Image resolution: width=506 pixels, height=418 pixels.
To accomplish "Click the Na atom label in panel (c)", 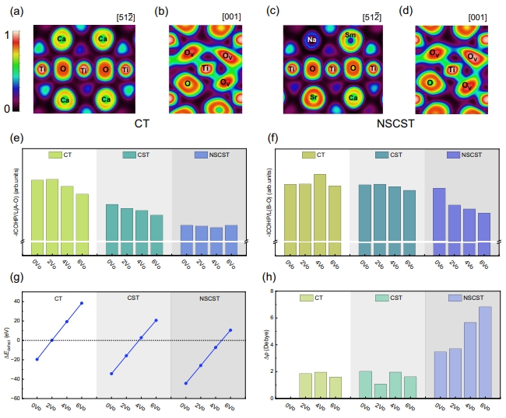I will pyautogui.click(x=311, y=40).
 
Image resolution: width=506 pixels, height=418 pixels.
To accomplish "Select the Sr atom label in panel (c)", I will pyautogui.click(x=312, y=99).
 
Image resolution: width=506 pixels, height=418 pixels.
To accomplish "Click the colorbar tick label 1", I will pyautogui.click(x=7, y=35).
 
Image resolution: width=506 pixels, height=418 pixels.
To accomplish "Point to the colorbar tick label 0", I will pyautogui.click(x=7, y=109).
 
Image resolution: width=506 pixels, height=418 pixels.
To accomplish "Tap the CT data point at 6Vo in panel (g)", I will pyautogui.click(x=82, y=303).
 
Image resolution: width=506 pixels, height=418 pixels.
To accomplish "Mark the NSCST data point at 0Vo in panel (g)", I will pyautogui.click(x=186, y=383).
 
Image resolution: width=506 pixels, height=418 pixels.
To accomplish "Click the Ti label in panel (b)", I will pyautogui.click(x=206, y=69).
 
